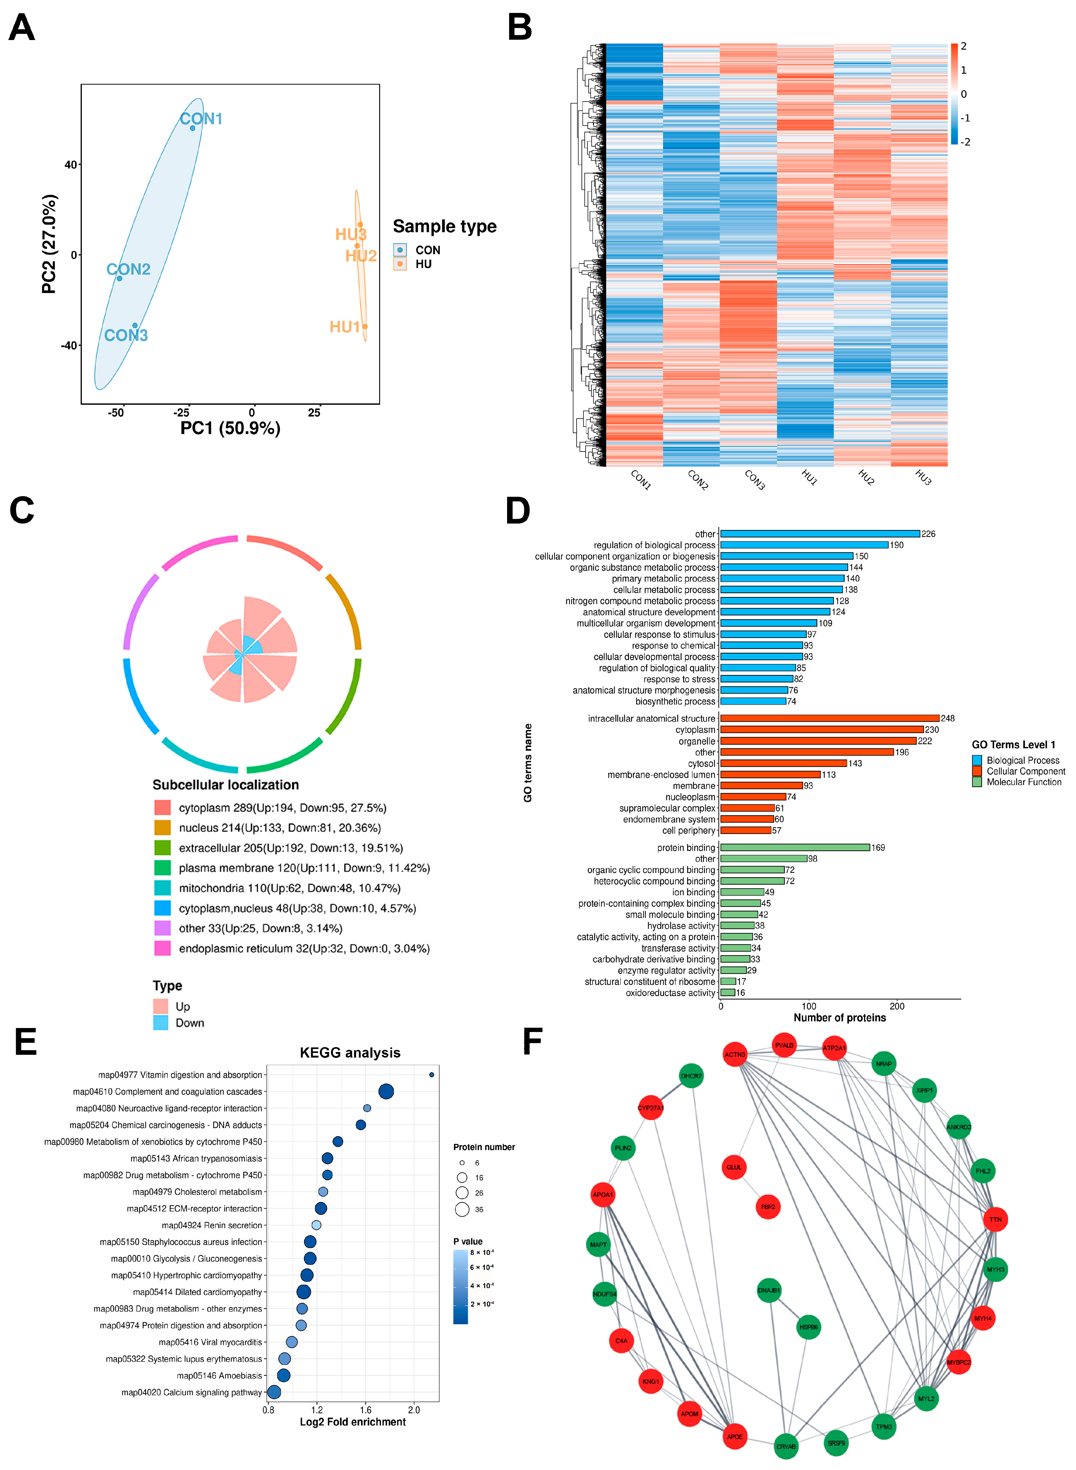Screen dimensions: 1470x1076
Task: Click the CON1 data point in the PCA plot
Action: pos(193,128)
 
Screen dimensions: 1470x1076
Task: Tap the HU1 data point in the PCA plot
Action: pos(365,327)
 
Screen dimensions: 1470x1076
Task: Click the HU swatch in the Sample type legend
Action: pos(400,264)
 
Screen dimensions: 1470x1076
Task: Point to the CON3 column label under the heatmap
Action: pos(754,480)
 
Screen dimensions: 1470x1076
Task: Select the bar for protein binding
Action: pos(795,848)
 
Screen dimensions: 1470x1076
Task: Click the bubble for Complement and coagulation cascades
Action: pos(386,1091)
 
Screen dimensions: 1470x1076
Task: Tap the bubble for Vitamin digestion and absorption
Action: pos(432,1074)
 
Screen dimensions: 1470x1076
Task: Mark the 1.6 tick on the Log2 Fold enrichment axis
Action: pos(366,1410)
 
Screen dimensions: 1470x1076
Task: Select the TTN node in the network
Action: pos(995,1219)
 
